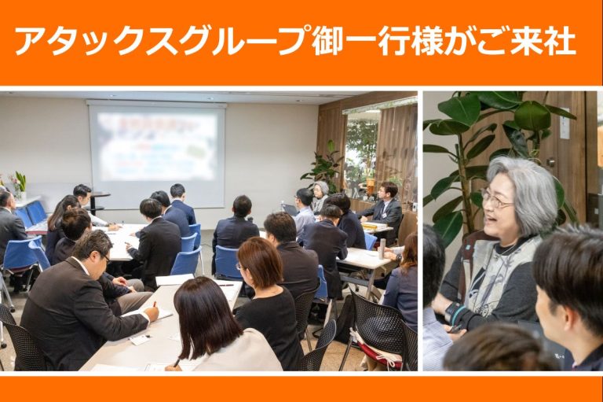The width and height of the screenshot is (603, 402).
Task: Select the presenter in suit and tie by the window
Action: point(386,204)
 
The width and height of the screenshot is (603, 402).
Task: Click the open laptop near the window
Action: point(290,209)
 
